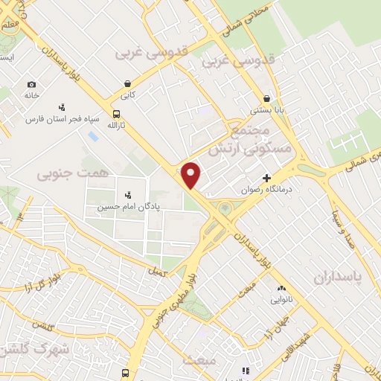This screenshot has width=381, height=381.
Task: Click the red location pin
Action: [191, 174]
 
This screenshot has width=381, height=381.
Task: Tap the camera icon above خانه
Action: [31, 84]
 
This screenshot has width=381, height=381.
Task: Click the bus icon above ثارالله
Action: [116, 114]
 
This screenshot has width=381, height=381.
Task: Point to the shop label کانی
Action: [128, 96]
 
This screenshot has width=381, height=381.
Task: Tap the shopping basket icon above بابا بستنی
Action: [266, 98]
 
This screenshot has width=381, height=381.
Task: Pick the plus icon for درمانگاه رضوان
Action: [266, 178]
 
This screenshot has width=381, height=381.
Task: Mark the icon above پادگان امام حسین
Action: [127, 194]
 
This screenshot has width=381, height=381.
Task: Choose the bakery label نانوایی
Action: [281, 300]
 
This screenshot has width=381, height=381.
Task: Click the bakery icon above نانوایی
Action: [281, 289]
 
